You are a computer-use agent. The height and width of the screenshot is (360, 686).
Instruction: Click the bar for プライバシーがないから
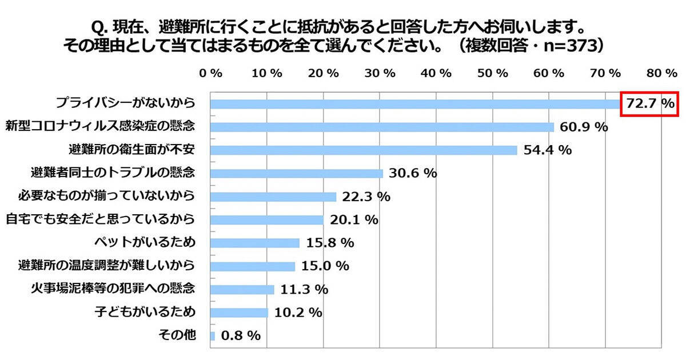click(414, 104)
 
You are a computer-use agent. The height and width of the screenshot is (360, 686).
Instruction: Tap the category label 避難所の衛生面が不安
click(131, 150)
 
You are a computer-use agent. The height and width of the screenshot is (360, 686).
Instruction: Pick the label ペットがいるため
click(147, 242)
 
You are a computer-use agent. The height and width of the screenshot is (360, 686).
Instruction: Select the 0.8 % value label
click(240, 336)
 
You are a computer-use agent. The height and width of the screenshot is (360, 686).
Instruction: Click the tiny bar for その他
click(213, 336)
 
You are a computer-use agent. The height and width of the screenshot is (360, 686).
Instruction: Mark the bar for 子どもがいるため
click(239, 313)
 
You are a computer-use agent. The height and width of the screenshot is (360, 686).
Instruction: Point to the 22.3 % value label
click(366, 197)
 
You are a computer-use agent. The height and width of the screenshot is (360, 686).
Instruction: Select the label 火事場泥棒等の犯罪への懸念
click(114, 289)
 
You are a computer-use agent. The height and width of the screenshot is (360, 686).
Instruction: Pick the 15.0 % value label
click(325, 266)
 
